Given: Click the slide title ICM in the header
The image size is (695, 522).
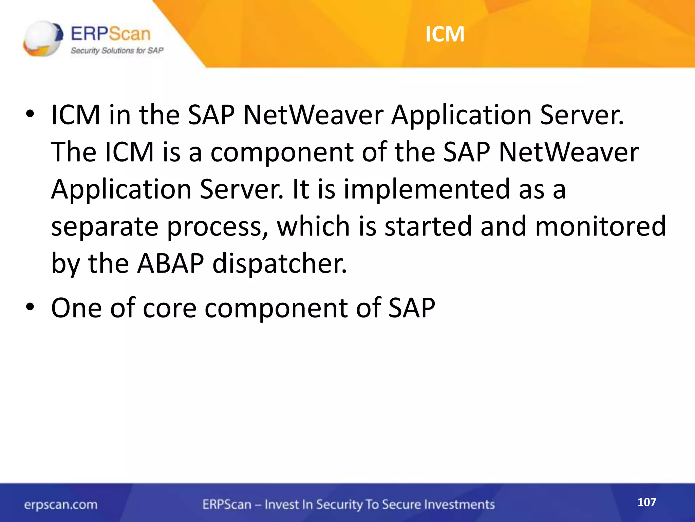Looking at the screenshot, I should point(445,34).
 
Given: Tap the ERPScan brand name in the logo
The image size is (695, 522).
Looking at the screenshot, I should point(111,34).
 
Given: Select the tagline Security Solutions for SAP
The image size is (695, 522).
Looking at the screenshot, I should point(117,51).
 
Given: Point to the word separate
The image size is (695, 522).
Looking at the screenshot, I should point(105,227).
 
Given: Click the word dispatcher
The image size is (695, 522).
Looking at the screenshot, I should point(280,264).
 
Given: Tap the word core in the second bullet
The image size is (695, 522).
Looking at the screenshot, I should point(170,308).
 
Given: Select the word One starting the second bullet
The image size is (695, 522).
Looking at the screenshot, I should point(76,308).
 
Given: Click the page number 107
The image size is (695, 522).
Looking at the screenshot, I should point(646,502).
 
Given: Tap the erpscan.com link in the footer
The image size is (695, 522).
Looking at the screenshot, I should point(61,505).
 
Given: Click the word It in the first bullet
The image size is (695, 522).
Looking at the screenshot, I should point(300,189).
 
